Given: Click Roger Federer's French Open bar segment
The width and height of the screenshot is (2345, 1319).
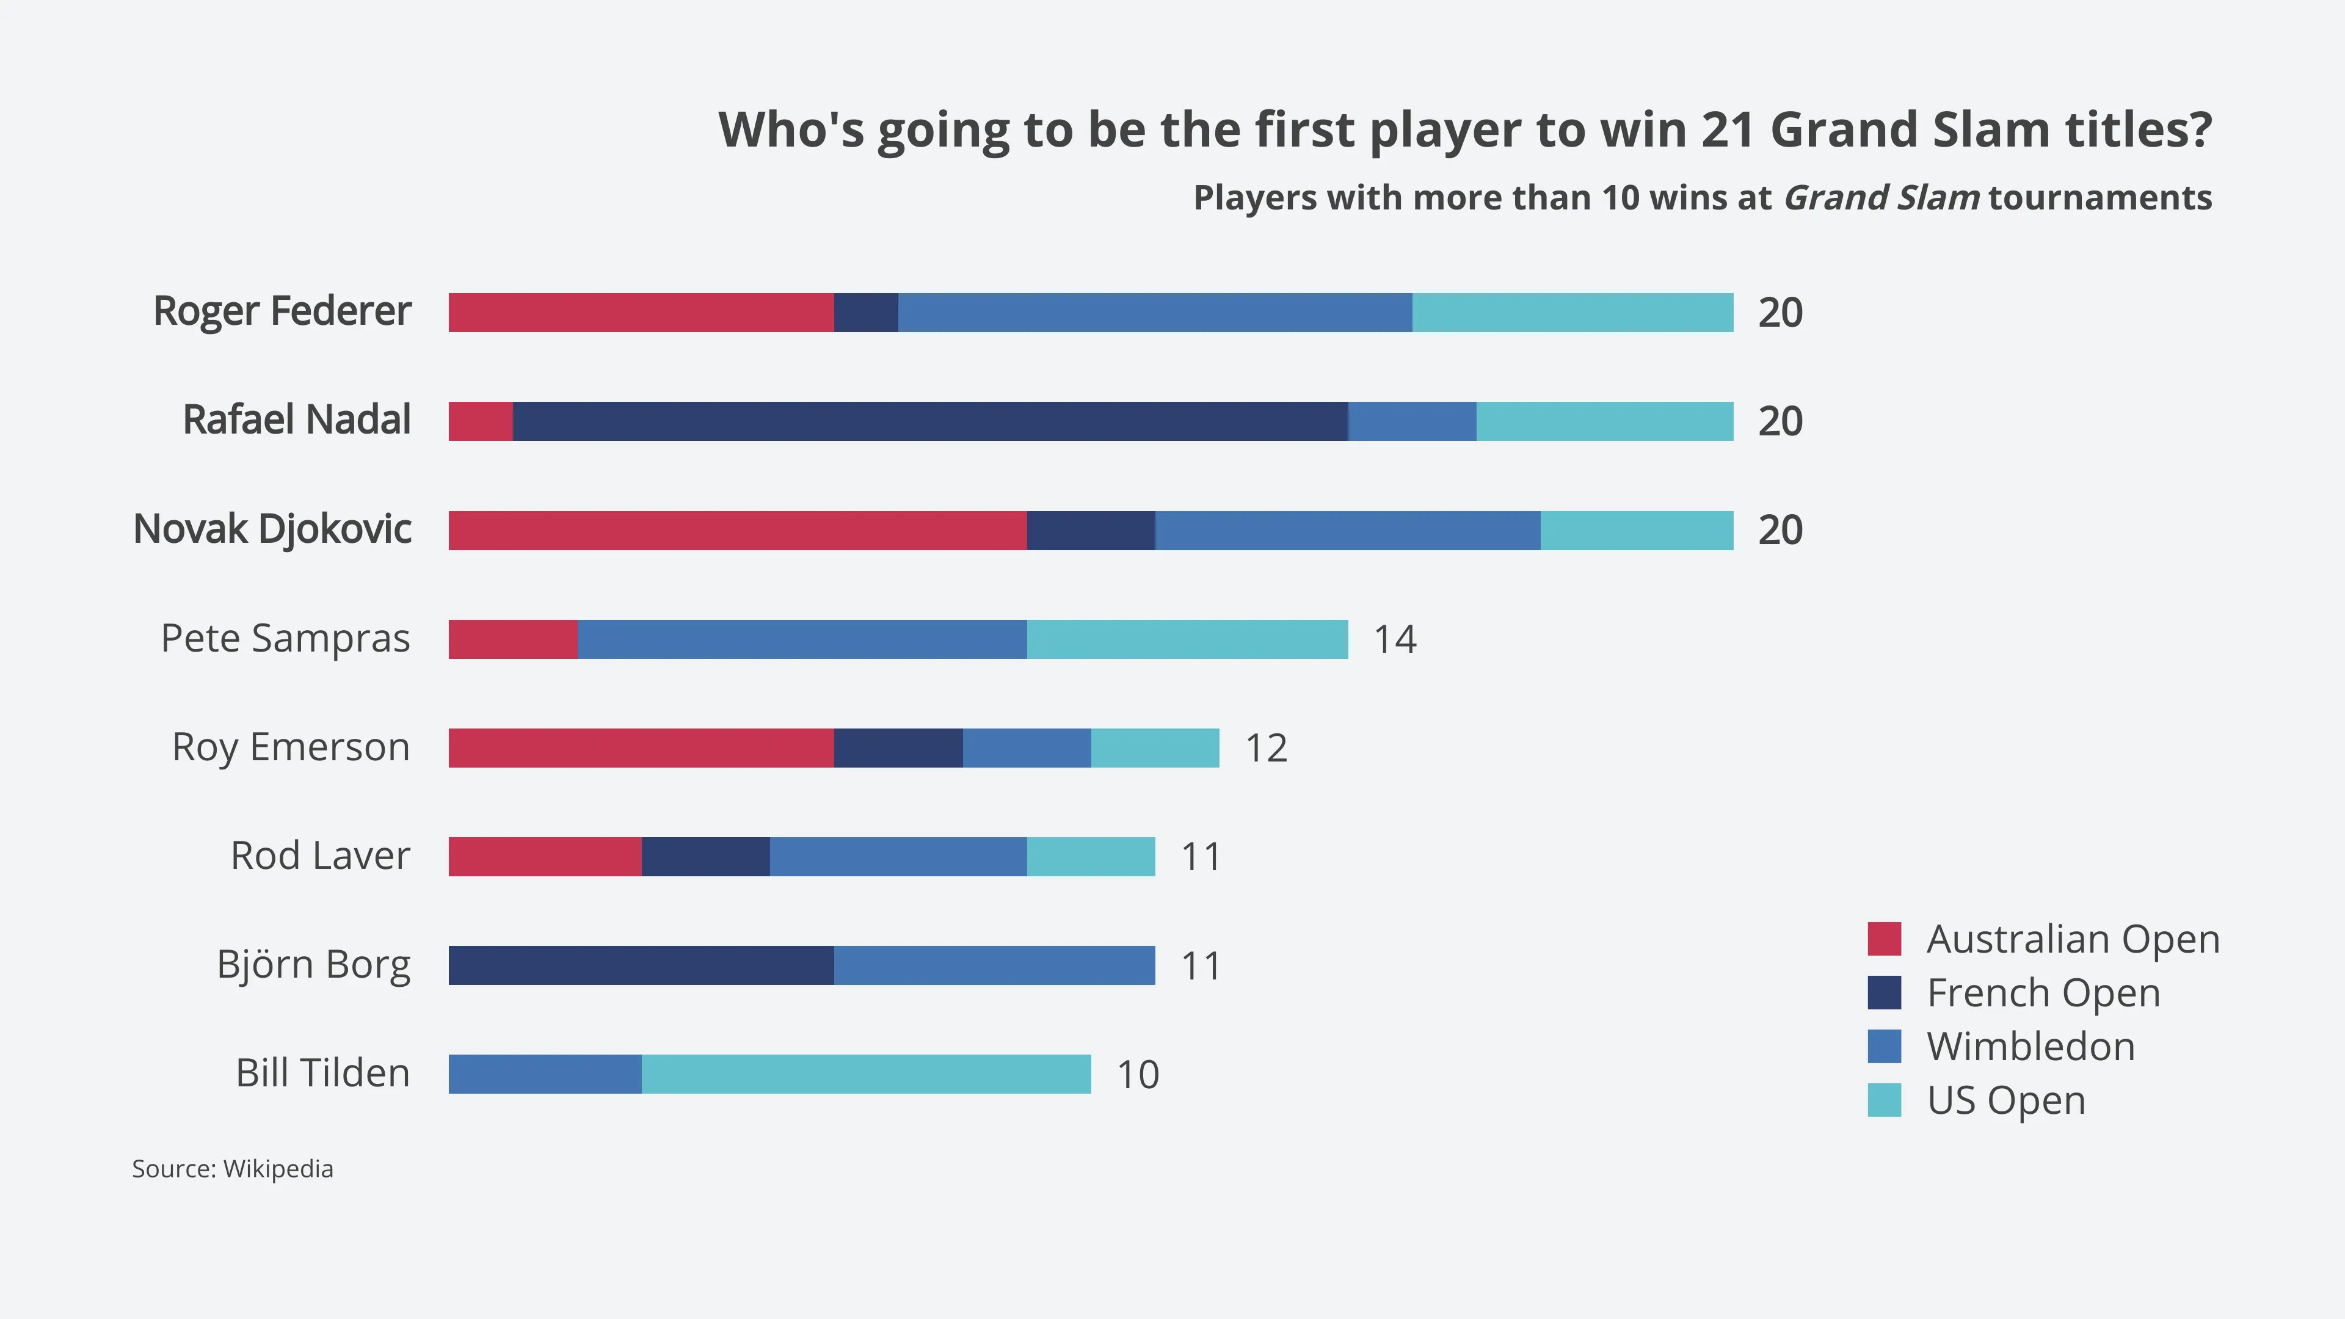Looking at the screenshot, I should [866, 312].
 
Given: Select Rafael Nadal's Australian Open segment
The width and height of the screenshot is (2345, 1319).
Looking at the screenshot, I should [481, 421].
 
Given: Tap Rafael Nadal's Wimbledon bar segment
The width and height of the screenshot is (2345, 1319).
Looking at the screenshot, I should [1412, 421].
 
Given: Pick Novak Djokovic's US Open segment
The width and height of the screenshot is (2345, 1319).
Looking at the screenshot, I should [1637, 530].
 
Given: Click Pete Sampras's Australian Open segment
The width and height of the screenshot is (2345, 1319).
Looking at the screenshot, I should [512, 639].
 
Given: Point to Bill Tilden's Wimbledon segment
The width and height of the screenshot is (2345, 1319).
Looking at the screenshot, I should [544, 1074].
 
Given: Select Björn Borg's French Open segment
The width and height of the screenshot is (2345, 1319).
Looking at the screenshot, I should [641, 965].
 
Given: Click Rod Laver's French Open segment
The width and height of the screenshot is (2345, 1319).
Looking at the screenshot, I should [705, 857].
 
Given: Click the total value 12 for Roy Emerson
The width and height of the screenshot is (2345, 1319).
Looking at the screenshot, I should [1265, 748].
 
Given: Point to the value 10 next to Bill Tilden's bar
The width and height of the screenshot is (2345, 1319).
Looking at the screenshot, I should [1137, 1075].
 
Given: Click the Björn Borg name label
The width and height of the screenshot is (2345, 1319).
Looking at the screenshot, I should [313, 965].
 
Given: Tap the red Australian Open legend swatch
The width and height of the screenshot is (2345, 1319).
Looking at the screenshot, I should [1883, 939].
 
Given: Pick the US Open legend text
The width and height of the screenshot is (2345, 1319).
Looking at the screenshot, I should [2005, 1100].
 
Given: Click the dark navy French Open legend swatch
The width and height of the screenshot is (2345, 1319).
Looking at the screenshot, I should [1883, 992].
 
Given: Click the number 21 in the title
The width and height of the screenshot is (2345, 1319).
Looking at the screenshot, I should [1727, 129].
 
